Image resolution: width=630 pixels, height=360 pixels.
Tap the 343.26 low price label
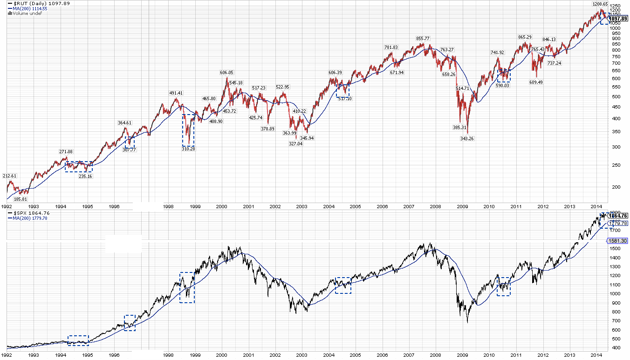pyautogui.click(x=467, y=138)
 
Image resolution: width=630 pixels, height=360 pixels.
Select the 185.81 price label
pyautogui.click(x=21, y=199)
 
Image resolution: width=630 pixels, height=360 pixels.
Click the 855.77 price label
pyautogui.click(x=423, y=38)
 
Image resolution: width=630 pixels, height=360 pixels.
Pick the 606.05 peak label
pyautogui.click(x=227, y=73)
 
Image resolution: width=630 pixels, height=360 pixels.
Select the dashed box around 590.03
pyautogui.click(x=504, y=75)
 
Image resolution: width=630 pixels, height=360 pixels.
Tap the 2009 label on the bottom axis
pyautogui.click(x=462, y=354)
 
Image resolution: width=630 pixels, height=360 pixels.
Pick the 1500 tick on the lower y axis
pyautogui.click(x=615, y=249)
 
